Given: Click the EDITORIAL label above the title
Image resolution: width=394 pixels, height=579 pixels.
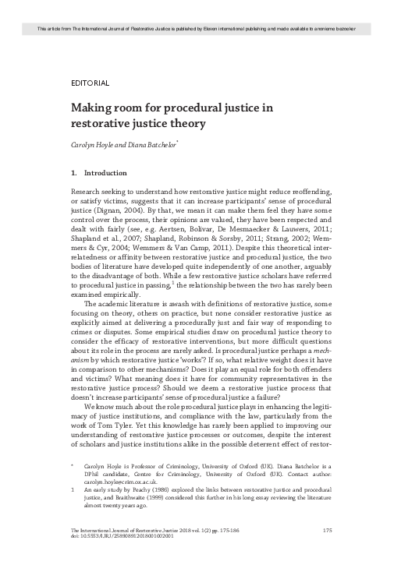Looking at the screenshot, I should (x=89, y=82).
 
